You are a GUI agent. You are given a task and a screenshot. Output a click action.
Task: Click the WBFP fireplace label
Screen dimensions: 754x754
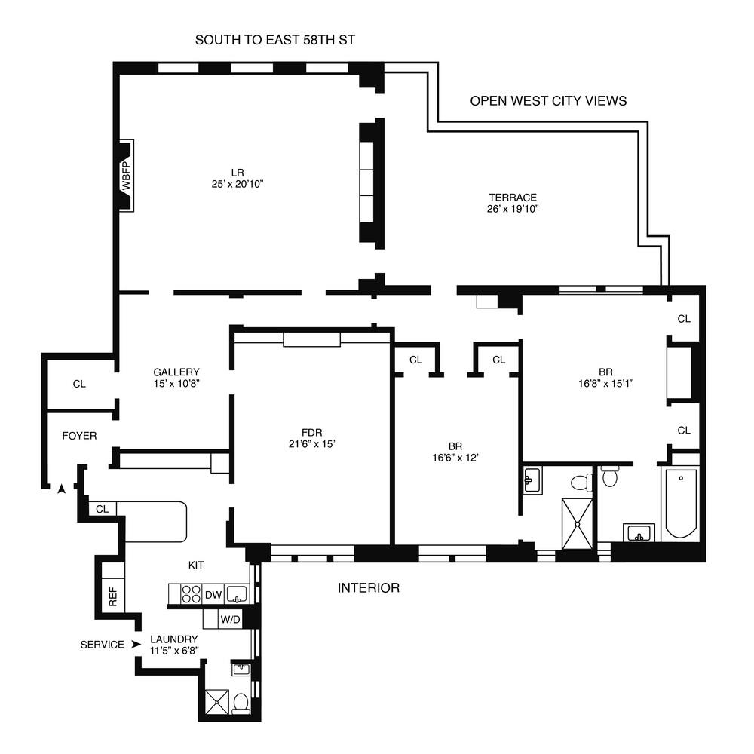(x=126, y=175)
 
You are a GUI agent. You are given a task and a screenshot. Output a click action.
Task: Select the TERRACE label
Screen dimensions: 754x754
(x=512, y=197)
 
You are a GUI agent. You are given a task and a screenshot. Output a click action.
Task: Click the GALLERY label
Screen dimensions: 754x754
(x=176, y=372)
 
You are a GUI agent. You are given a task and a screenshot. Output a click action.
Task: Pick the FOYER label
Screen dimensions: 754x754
(x=79, y=436)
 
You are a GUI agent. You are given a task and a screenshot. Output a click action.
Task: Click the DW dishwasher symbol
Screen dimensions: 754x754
(x=213, y=595)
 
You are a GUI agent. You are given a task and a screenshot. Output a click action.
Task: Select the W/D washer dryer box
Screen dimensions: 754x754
(x=230, y=620)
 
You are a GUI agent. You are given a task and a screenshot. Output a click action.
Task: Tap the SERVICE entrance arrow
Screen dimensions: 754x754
(x=136, y=644)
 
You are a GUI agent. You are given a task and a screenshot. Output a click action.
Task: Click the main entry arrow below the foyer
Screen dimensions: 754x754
(x=62, y=489)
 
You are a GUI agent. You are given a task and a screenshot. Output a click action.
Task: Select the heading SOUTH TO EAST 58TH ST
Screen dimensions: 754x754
(x=274, y=40)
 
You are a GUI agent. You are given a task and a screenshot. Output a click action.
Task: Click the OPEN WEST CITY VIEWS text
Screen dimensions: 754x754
(x=548, y=100)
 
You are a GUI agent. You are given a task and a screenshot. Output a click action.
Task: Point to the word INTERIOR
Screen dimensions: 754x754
(x=369, y=587)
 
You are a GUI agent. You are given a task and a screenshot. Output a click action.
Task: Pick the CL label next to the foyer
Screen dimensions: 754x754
(x=79, y=384)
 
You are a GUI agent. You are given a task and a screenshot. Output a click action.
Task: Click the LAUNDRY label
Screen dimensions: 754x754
(x=173, y=639)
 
